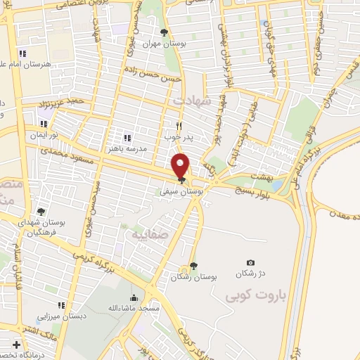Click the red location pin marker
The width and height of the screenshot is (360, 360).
181,166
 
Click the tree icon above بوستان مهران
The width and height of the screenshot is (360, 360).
164,32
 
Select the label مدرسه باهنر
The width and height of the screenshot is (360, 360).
127,149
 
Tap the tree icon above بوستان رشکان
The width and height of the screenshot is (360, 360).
193,265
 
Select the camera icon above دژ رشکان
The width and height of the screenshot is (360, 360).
251,262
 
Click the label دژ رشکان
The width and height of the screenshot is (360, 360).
250,273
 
